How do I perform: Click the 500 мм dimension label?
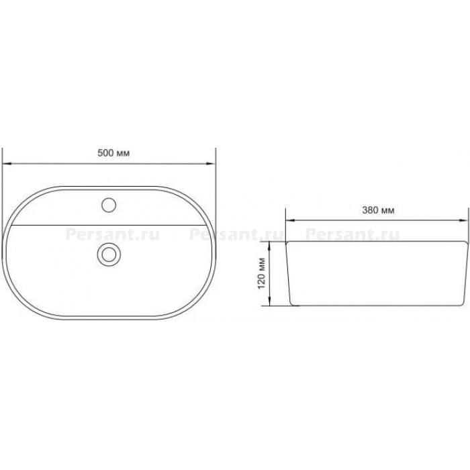[x=113, y=153]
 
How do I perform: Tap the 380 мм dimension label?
[x=378, y=210]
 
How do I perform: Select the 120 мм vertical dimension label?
[x=262, y=273]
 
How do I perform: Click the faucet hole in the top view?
[x=109, y=205]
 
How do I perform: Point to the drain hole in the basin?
[x=109, y=254]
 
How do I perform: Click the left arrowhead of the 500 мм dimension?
[x=7, y=164]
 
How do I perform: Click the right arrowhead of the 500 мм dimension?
[x=211, y=164]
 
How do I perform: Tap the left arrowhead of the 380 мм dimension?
[x=290, y=220]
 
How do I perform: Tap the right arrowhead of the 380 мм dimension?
[x=463, y=220]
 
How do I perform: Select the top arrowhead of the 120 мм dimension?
[x=270, y=246]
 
